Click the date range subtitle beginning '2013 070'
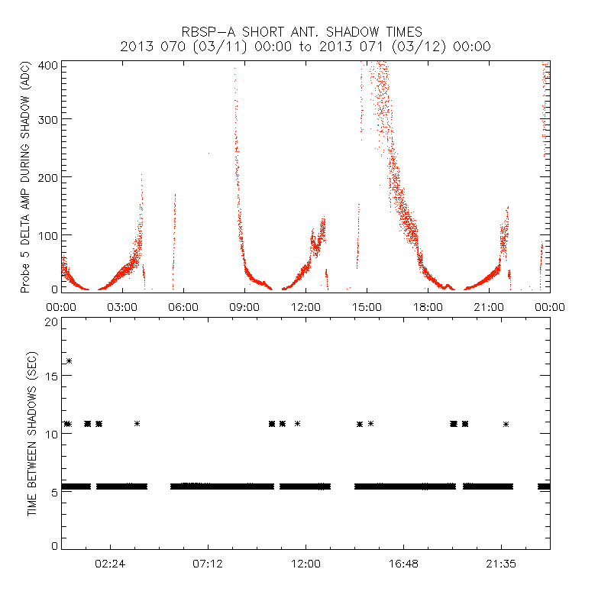coord(305,47)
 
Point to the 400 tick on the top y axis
coord(48,65)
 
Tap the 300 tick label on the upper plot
coord(48,120)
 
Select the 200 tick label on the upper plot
coord(48,177)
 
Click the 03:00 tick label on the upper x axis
coord(122,307)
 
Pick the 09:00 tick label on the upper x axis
coord(244,307)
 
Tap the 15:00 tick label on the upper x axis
coord(367,307)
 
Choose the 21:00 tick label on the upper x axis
coord(489,307)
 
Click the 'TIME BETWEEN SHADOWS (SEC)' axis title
coord(32,432)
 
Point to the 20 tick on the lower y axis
coord(51,322)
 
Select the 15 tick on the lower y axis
coord(51,377)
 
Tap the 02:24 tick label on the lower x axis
coord(110,564)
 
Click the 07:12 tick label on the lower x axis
coord(208,564)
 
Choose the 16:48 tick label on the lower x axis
coord(403,564)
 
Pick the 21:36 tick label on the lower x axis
coord(501,564)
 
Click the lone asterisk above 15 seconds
coord(70,360)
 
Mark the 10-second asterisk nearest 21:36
coord(506,424)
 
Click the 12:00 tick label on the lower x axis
coord(305,564)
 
